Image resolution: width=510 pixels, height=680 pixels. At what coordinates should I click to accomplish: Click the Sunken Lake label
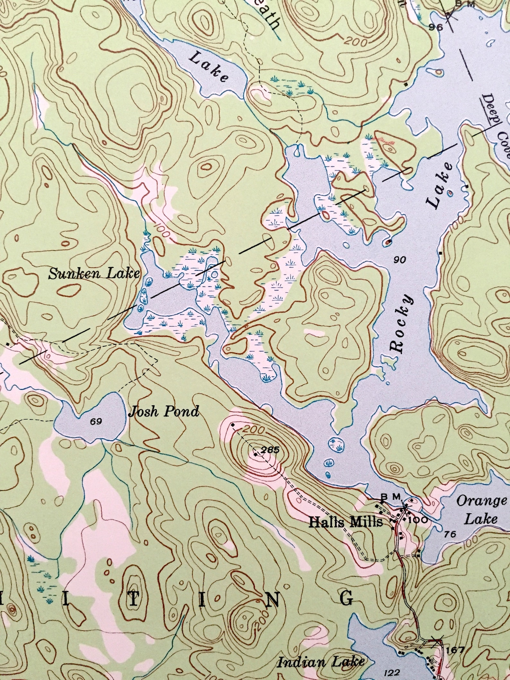pyautogui.click(x=94, y=274)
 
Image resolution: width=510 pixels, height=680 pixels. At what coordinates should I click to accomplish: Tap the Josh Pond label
pyautogui.click(x=163, y=411)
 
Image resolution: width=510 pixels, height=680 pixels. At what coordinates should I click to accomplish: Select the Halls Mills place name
pyautogui.click(x=346, y=522)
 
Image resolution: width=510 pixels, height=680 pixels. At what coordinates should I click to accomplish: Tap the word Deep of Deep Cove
pyautogui.click(x=491, y=111)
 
